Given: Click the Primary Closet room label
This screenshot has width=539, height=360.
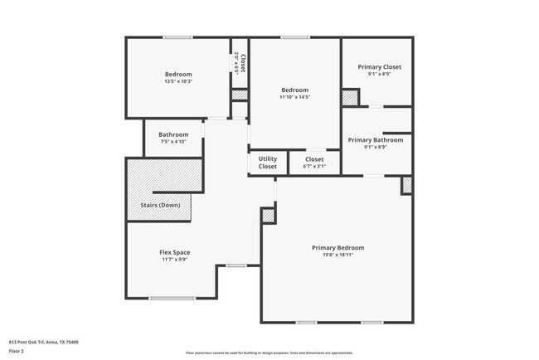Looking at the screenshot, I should (x=379, y=66).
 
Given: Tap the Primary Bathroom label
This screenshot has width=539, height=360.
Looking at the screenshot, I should (x=376, y=140).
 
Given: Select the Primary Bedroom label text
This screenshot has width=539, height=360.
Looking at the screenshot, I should (x=337, y=247).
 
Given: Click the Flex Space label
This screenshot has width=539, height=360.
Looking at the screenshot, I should (x=174, y=252).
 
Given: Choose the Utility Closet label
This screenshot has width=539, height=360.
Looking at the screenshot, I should (x=268, y=163).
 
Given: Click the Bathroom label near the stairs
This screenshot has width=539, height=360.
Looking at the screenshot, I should (x=173, y=134).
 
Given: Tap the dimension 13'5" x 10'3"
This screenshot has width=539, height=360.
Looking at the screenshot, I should (x=178, y=81).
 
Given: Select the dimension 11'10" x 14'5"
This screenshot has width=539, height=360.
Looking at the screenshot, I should (x=294, y=97).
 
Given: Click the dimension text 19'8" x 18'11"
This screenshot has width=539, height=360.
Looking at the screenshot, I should (x=337, y=255).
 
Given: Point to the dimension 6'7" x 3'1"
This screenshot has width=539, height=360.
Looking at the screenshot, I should (x=314, y=166).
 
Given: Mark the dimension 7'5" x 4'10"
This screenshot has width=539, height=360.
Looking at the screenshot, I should (x=173, y=142).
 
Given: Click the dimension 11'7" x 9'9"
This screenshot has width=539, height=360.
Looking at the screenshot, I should (x=174, y=260).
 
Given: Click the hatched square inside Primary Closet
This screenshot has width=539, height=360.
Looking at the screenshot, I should (x=350, y=97).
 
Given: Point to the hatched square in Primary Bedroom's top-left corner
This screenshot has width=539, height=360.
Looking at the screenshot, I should (x=268, y=216).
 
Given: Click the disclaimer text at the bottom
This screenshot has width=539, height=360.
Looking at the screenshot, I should (x=269, y=353).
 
